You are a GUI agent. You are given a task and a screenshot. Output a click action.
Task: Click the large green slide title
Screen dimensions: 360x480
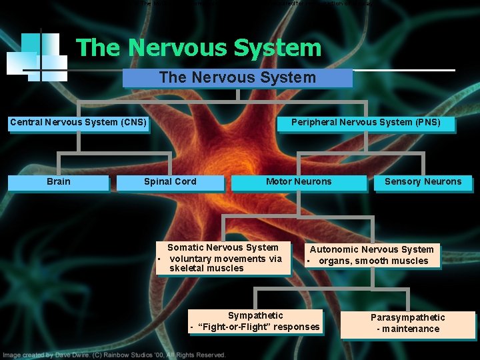click(199, 48)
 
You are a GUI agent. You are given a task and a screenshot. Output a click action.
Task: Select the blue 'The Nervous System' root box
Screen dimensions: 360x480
click(237, 78)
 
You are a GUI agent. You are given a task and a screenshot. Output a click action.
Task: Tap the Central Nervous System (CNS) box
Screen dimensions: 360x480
click(78, 123)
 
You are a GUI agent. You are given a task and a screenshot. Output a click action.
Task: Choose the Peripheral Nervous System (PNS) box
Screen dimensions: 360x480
click(365, 123)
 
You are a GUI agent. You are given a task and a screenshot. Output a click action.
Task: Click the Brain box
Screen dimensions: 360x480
click(59, 182)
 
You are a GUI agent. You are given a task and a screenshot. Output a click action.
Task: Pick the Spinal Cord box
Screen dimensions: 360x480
click(170, 182)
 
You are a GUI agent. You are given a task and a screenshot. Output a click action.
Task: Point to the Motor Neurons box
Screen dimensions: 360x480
click(298, 182)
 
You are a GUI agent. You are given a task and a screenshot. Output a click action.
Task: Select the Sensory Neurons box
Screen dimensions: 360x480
click(423, 182)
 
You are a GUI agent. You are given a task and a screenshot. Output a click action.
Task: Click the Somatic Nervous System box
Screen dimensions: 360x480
click(224, 258)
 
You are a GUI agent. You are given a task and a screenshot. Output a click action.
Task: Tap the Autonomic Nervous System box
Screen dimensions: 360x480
click(372, 255)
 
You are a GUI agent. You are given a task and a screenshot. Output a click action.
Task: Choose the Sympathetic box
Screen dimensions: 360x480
click(255, 321)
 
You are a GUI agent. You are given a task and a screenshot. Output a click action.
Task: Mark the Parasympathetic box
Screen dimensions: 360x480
click(408, 323)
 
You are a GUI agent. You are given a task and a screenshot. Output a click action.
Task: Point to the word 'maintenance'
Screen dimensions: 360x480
click(411, 329)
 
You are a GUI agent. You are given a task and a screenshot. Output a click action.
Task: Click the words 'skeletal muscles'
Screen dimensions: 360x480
click(207, 268)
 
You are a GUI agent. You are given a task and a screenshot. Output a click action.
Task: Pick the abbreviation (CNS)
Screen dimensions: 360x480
click(131, 122)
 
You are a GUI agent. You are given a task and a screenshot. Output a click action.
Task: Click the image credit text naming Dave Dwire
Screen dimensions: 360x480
click(113, 355)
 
